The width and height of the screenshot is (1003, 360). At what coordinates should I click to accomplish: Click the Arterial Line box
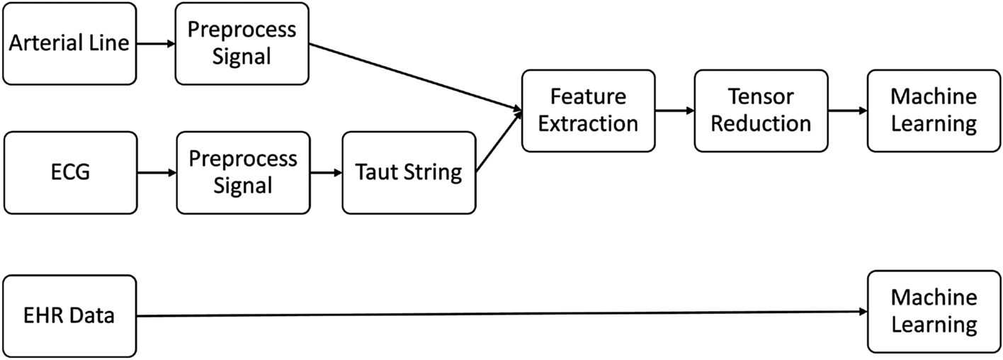click(69, 43)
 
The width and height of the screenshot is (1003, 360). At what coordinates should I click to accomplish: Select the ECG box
click(69, 171)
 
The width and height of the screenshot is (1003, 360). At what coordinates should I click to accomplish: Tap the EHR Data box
click(69, 315)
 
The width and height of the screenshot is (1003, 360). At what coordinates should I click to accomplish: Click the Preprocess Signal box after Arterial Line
click(242, 43)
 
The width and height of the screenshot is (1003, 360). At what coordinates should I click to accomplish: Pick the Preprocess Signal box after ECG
click(243, 171)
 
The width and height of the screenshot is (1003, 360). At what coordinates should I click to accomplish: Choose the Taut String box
click(408, 171)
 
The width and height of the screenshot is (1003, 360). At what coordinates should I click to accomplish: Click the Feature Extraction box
click(588, 110)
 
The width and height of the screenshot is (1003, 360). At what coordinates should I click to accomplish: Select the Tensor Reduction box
click(761, 110)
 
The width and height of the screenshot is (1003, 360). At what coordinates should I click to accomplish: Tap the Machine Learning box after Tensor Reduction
click(934, 110)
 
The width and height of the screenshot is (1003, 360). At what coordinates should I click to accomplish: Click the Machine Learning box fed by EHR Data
click(934, 311)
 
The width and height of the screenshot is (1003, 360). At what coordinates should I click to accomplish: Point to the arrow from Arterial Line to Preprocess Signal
click(156, 43)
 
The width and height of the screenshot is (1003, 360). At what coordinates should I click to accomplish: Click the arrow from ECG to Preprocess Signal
click(156, 171)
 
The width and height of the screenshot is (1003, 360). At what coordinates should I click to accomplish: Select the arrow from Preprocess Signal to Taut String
click(326, 171)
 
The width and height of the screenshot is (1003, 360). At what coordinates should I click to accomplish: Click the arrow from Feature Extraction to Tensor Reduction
click(674, 111)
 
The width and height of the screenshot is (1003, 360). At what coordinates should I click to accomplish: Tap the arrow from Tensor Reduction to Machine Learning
click(847, 111)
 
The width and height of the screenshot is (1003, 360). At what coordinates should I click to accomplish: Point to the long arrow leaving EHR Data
click(496, 313)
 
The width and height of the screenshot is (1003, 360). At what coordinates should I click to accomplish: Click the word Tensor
click(761, 96)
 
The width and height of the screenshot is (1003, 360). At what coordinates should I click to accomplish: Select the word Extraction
click(588, 123)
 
